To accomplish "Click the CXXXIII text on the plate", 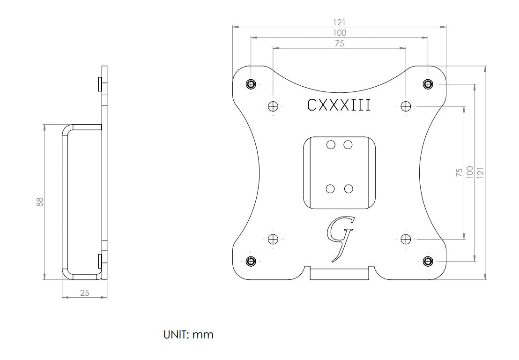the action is pos(339,105).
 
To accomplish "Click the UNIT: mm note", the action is pos(188,335).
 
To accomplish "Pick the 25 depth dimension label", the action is pos(85,293).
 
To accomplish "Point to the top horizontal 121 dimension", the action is pos(339,22).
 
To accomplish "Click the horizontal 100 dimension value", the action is pos(339,33).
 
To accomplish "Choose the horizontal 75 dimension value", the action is pos(339,44).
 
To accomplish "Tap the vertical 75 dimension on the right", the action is pos(460,172).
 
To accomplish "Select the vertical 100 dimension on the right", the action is pos(470,172).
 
